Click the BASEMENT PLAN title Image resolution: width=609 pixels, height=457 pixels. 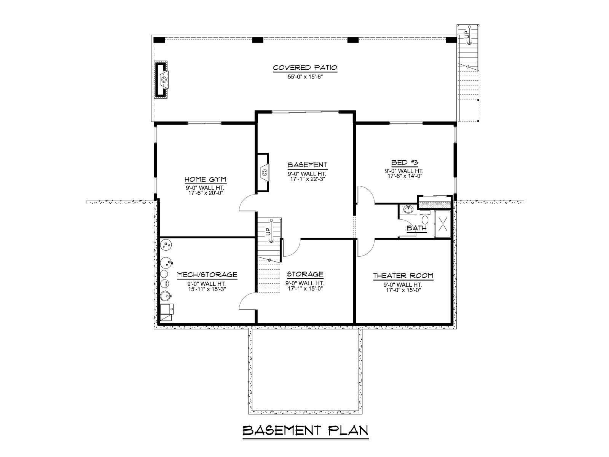click(305, 431)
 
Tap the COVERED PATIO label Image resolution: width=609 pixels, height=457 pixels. click(305, 68)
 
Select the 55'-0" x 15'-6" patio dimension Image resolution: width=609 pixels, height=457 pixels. click(305, 77)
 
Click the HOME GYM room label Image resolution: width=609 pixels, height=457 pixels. click(206, 179)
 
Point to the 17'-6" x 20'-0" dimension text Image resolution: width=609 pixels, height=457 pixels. click(206, 193)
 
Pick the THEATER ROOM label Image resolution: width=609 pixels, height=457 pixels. click(403, 276)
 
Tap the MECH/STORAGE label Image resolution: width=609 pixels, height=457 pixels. click(207, 275)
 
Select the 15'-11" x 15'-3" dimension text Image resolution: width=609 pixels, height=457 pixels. click(207, 289)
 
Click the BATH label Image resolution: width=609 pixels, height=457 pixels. click(416, 228)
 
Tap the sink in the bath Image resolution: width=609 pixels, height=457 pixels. click(408, 209)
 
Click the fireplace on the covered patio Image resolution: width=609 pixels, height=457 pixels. click(161, 80)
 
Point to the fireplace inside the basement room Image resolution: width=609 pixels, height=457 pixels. click(263, 173)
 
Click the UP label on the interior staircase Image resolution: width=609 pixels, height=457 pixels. click(268, 232)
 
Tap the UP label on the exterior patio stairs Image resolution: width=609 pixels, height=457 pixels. click(466, 35)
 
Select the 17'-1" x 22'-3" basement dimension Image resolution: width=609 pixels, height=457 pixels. click(308, 179)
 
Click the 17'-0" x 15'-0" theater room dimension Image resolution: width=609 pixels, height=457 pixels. click(403, 290)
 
